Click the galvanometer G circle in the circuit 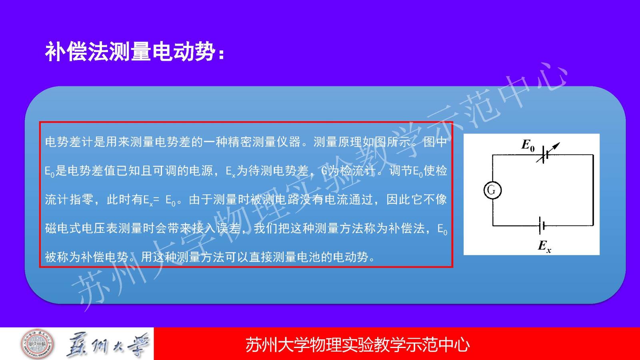(x=492, y=190)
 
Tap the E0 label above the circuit (x=528, y=145)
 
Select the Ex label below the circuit (x=544, y=246)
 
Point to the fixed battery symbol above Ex (x=542, y=226)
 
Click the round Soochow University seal (x=38, y=344)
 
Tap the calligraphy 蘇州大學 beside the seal (x=108, y=344)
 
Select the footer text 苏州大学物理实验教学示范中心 (x=358, y=344)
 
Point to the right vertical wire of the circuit (x=593, y=190)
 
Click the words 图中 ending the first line (x=435, y=142)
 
